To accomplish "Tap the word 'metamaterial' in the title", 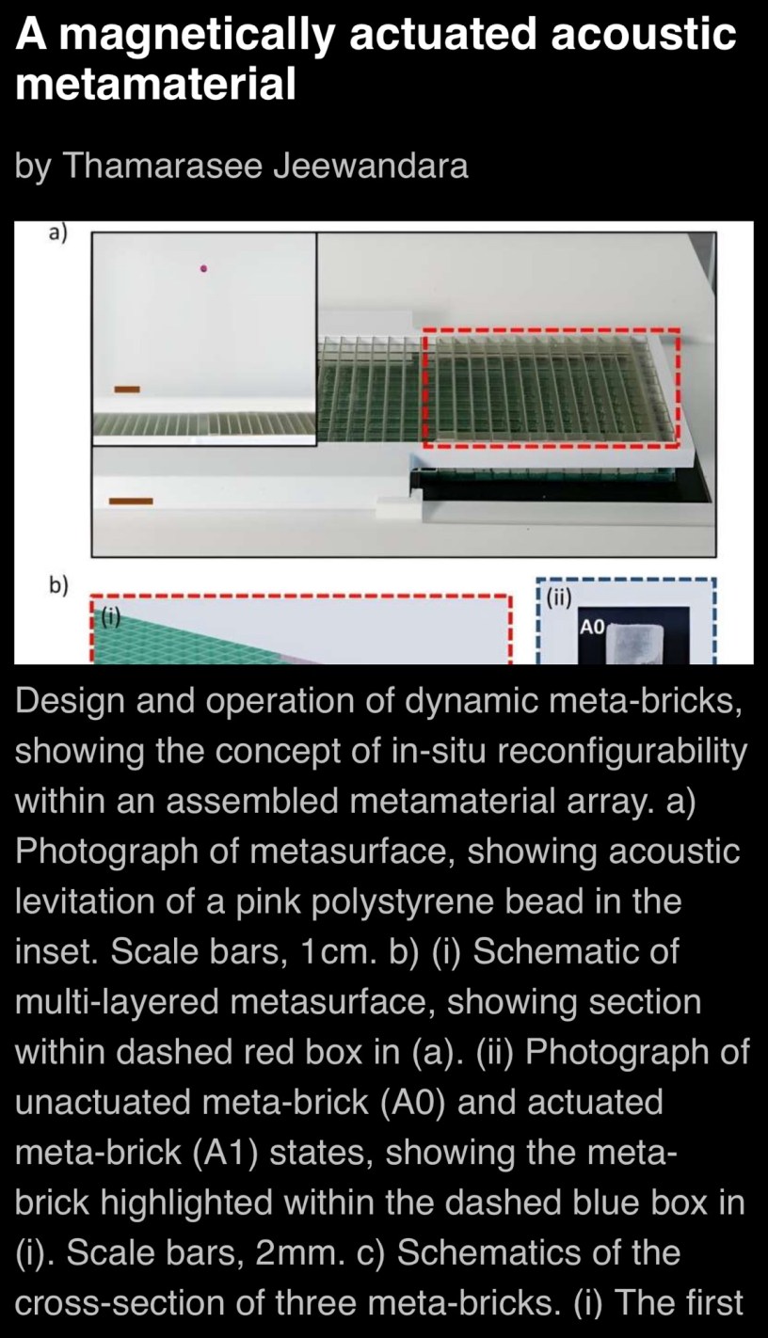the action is tap(155, 83).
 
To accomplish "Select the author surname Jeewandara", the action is tap(371, 165).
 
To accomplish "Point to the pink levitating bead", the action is tap(204, 269).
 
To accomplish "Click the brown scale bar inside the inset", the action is tap(127, 390).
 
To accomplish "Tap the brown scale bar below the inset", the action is tap(131, 502).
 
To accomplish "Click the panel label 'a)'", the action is tap(58, 233).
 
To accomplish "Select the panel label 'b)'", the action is tap(58, 586).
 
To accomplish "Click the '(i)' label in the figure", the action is tap(110, 616).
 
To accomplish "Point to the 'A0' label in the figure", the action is tap(593, 627).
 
